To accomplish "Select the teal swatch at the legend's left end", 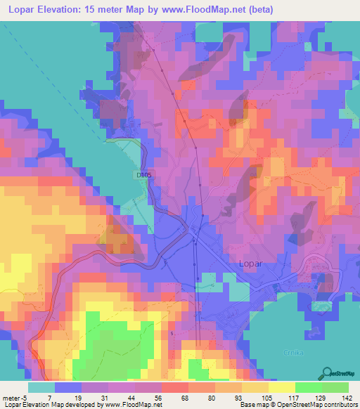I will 41,387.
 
